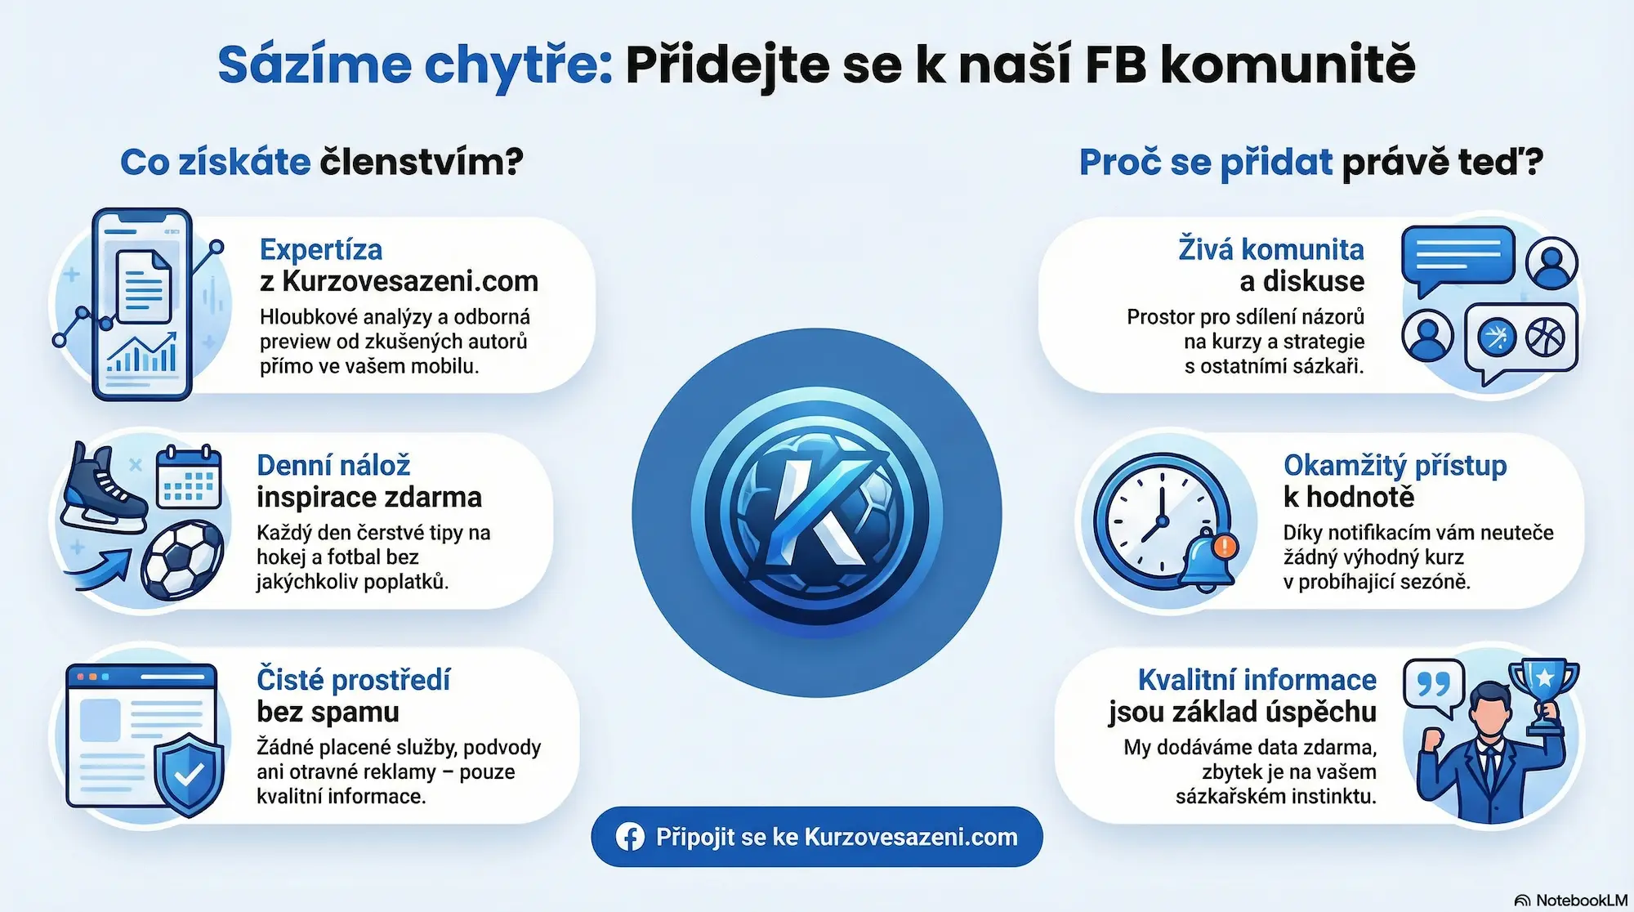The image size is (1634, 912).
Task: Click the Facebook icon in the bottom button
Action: (x=630, y=837)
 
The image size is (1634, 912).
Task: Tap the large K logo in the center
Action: (x=817, y=512)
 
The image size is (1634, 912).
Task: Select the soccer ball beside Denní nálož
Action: (x=182, y=561)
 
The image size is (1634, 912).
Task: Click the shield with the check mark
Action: (x=189, y=773)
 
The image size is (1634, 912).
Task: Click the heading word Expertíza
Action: (x=321, y=249)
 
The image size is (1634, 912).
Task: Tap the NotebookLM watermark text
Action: (x=1581, y=900)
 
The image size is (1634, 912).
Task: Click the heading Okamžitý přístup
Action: (x=1395, y=465)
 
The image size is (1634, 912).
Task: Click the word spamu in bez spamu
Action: (x=363, y=712)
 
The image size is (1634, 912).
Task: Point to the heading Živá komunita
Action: (x=1270, y=249)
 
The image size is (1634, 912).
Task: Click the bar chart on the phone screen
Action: (x=142, y=354)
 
